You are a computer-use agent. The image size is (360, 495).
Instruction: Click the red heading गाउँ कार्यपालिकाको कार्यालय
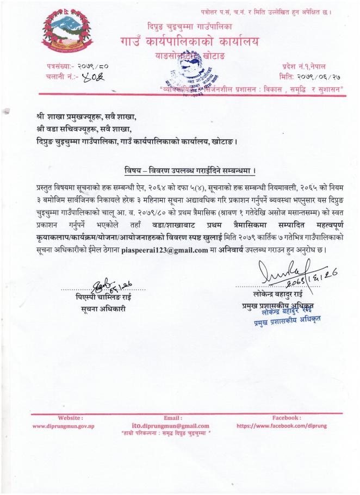(x=190, y=41)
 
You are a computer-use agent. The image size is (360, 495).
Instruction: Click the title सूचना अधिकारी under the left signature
(x=100, y=310)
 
